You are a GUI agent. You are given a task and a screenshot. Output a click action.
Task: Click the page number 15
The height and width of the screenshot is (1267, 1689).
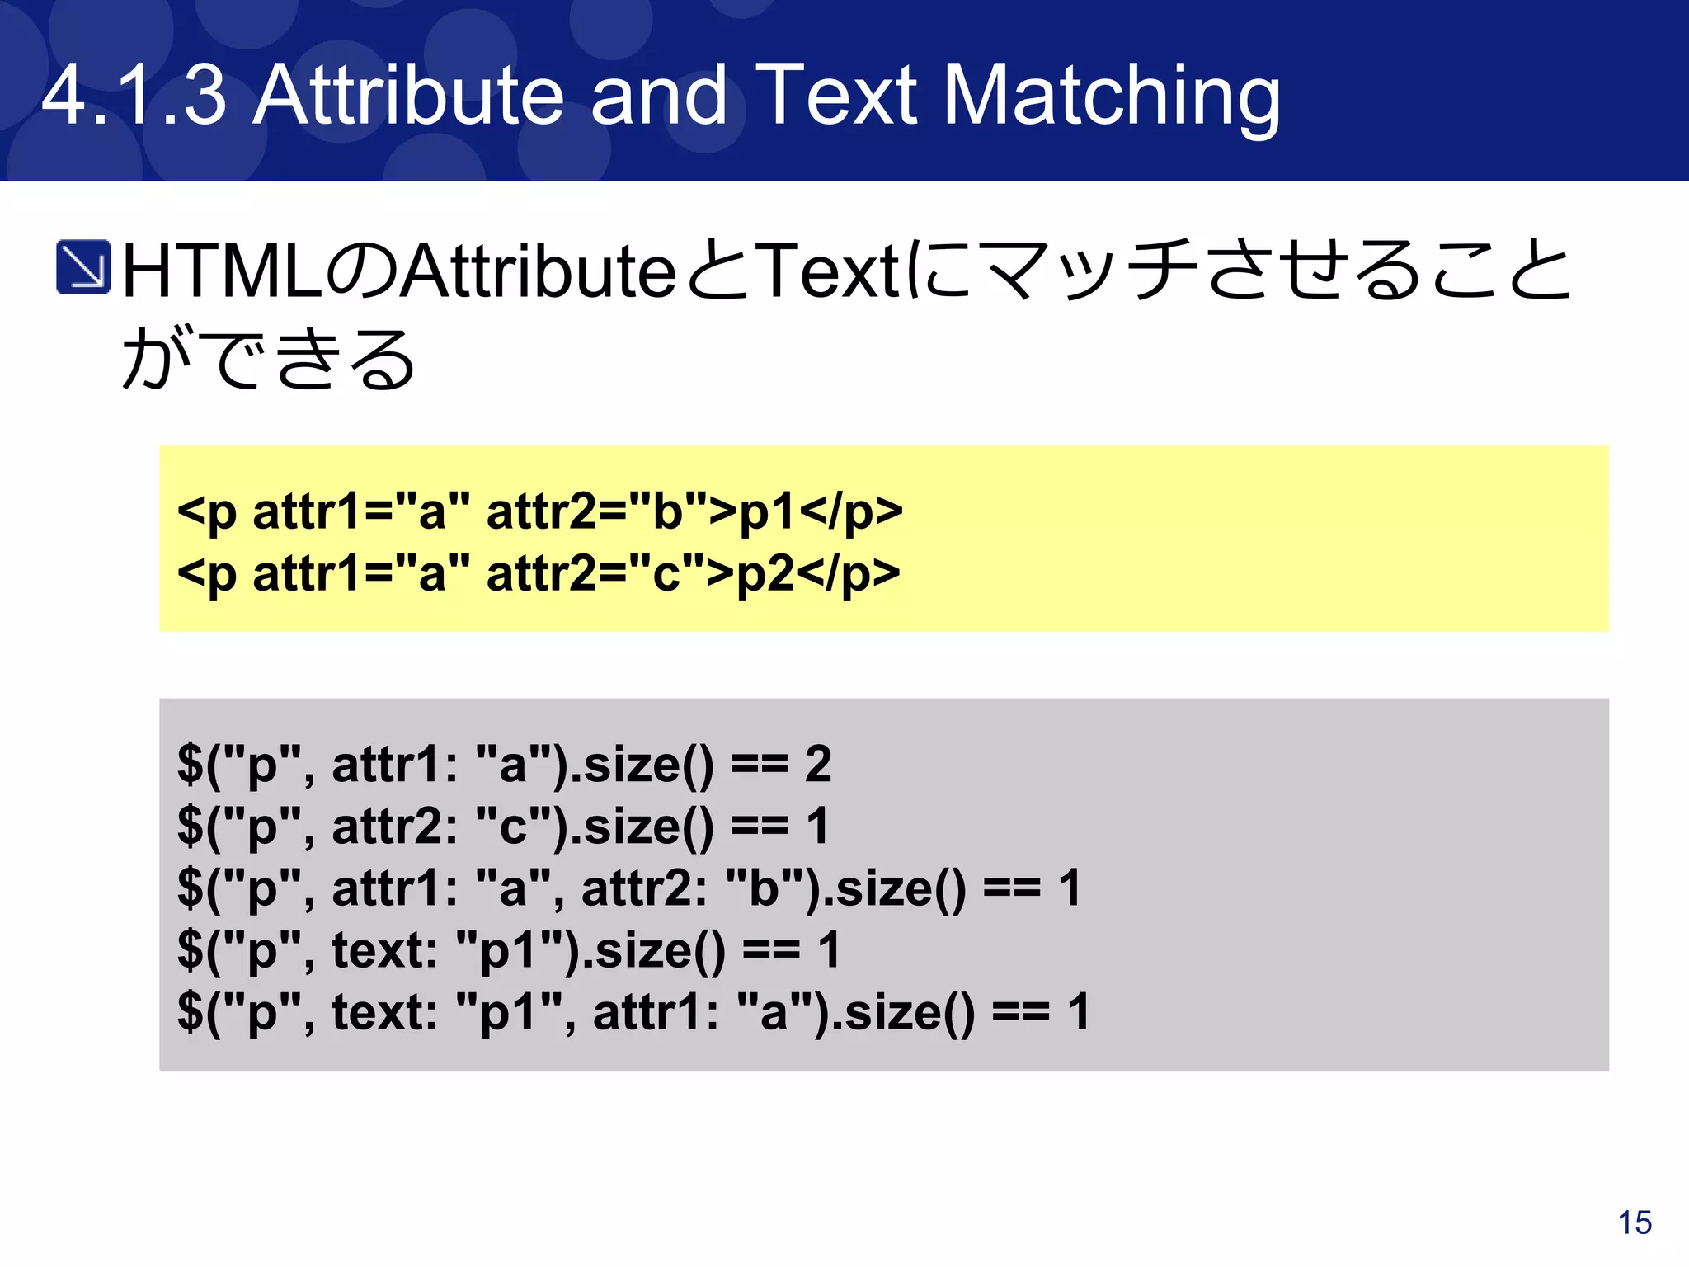(1635, 1222)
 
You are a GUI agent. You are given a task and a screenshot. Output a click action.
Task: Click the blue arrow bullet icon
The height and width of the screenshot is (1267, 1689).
(83, 266)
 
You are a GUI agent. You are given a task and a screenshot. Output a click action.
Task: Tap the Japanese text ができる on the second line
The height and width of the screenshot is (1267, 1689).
(268, 358)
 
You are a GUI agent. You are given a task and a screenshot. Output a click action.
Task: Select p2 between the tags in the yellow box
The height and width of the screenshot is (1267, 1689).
(765, 573)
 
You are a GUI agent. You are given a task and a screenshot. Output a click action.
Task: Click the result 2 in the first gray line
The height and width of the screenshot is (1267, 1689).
(817, 764)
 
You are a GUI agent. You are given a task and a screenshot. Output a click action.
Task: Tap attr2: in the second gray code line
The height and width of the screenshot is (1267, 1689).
(394, 826)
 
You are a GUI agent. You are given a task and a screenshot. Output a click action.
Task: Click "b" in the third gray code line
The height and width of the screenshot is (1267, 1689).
(752, 888)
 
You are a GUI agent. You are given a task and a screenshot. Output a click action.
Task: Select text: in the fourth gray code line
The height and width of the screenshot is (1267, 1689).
(384, 949)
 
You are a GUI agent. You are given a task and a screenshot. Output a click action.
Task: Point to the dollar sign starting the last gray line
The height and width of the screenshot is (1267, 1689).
(191, 1012)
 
